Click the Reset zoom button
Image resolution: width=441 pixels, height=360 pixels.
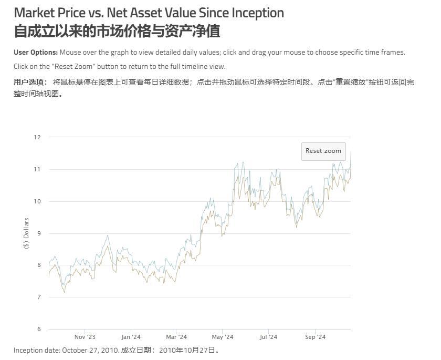coord(323,151)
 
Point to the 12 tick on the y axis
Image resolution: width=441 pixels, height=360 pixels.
coord(37,137)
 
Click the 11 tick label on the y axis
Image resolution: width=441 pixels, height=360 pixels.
coord(37,169)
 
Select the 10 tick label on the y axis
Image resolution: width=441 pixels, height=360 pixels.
coord(37,201)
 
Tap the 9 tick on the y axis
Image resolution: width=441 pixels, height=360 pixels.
coord(37,233)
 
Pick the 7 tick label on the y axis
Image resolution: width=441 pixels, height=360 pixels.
coord(37,297)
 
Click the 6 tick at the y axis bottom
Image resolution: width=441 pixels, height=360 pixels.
coord(37,330)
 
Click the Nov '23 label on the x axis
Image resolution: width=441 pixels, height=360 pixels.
coord(85,337)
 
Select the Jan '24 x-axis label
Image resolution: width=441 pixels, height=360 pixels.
coord(131,337)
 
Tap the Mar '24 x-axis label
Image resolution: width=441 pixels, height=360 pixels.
coord(176,337)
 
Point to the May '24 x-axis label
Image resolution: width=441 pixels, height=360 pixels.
coord(223,337)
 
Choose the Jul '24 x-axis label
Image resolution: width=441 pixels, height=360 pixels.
coord(268,337)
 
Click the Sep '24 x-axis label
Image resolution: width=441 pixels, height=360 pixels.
coord(314,337)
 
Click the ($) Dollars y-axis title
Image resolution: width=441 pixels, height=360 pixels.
coord(27,233)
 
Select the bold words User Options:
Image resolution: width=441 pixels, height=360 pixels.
coord(36,53)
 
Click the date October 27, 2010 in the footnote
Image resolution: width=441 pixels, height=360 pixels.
coord(90,351)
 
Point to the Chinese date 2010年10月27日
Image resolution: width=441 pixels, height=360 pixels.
coord(187,351)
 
